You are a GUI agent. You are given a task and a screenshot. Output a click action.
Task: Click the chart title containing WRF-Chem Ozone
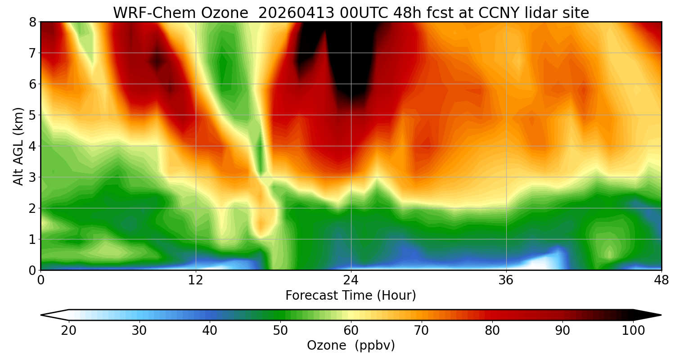coord(351,13)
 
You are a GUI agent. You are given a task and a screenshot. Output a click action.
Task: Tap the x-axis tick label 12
coord(196,280)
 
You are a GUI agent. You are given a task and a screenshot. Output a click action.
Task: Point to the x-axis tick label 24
coord(351,280)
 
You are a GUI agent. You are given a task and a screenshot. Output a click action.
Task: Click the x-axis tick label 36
coord(506,280)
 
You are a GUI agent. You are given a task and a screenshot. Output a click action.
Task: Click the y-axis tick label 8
coord(32,22)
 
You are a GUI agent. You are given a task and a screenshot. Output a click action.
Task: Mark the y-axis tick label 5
coord(32,115)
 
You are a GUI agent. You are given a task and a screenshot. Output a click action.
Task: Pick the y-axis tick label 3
coord(32,177)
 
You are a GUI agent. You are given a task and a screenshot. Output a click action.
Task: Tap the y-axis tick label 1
coord(32,239)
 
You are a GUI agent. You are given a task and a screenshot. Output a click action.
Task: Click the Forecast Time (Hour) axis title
coord(351,296)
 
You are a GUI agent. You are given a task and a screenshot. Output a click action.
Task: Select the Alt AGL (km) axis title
coord(18,146)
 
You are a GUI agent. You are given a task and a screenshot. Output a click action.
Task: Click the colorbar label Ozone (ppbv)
coord(351,346)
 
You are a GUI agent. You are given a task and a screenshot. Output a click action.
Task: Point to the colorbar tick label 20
coord(69,331)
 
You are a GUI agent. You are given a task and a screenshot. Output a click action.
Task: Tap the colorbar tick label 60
coord(351,331)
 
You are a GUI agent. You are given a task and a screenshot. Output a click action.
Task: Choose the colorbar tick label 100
coord(633,331)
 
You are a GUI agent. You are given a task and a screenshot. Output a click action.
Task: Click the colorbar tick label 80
coord(492,331)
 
